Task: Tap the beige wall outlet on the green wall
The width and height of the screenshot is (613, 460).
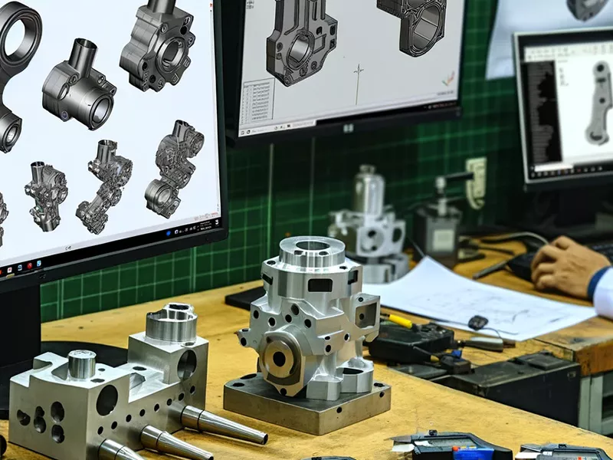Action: point(475,182)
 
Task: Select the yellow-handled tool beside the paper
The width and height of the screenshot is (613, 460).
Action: point(399,320)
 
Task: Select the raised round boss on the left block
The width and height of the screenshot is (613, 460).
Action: point(171,323)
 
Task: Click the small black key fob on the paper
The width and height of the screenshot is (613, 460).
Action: point(480,322)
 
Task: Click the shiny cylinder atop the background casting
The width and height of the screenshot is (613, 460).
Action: point(367,188)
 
